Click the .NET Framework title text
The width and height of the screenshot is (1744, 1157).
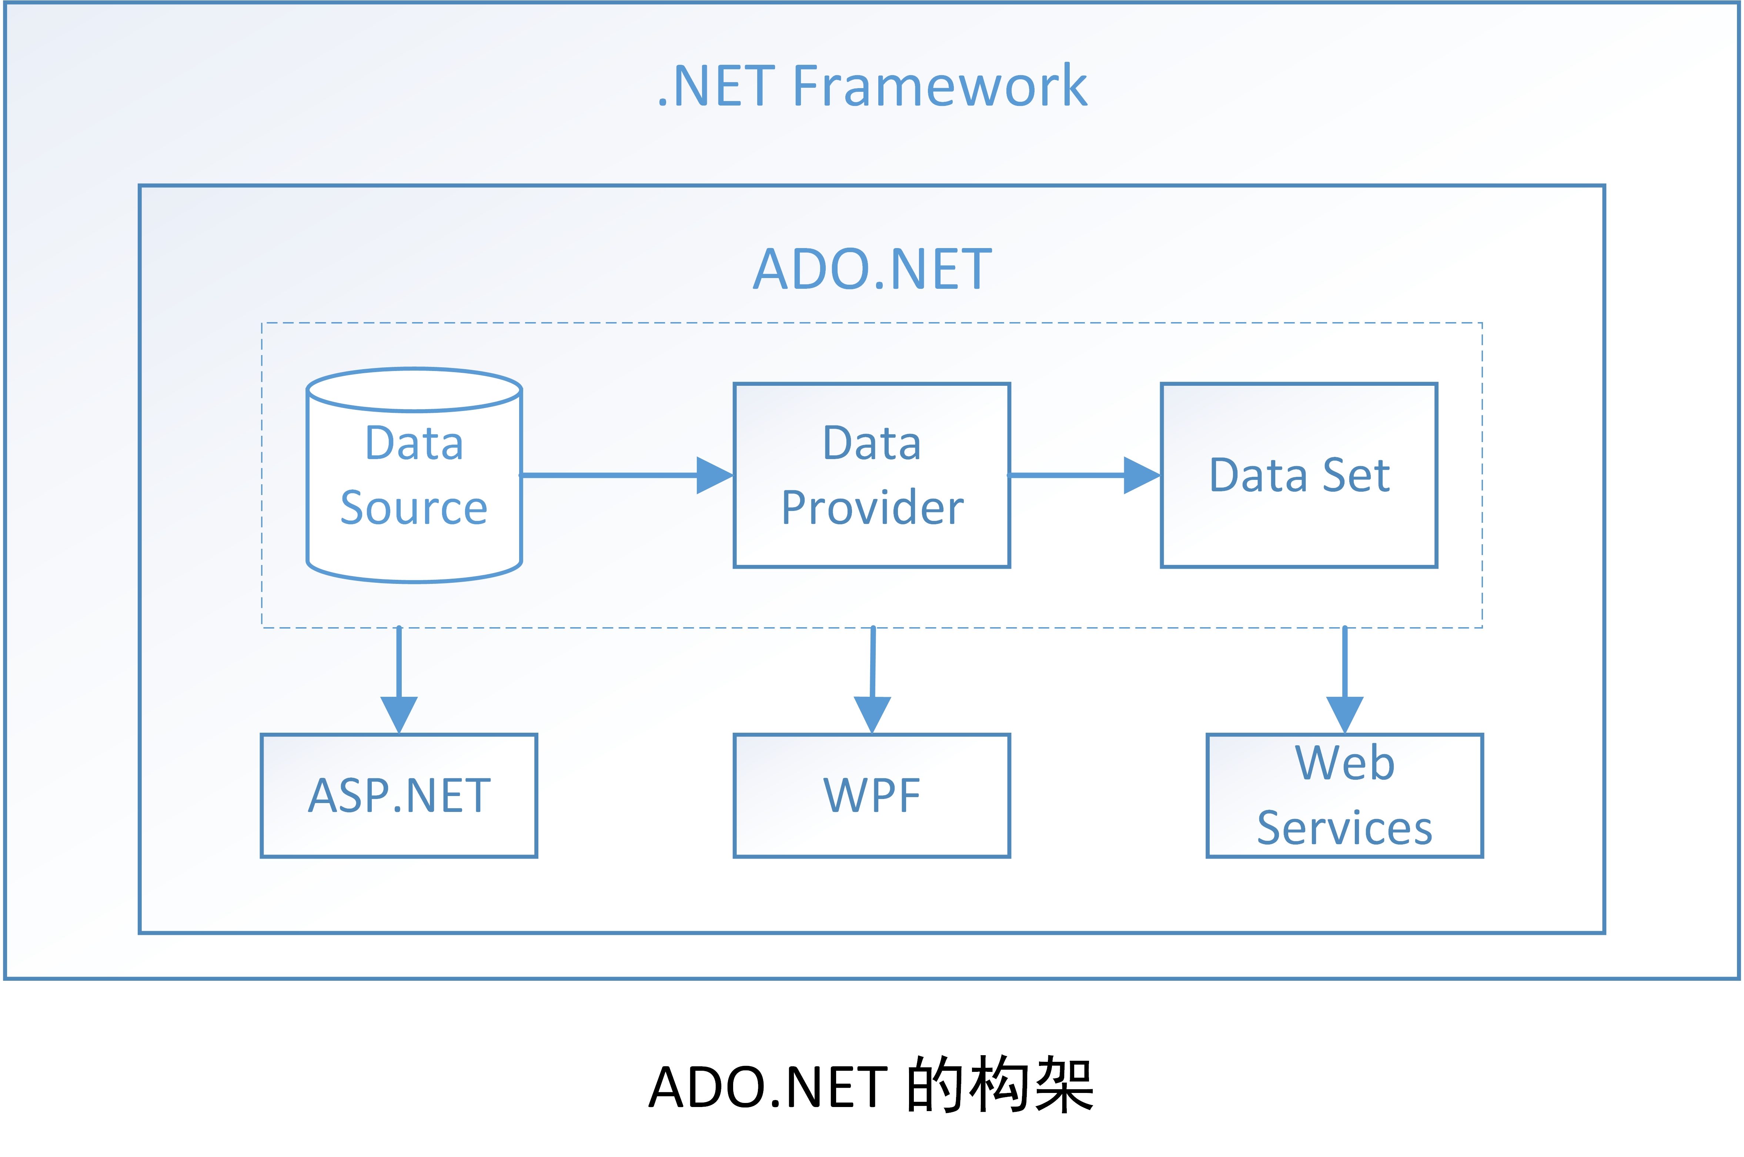(x=872, y=86)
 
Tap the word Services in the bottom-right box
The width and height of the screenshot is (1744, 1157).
(x=1345, y=828)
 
